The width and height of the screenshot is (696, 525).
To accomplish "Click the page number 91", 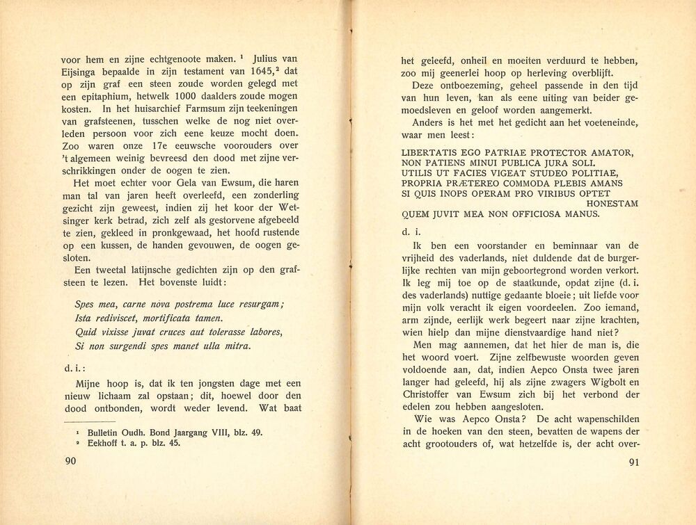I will coord(633,464).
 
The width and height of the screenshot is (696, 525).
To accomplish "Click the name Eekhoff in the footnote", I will coord(106,444).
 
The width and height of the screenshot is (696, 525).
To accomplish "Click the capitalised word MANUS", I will coord(581,213).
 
